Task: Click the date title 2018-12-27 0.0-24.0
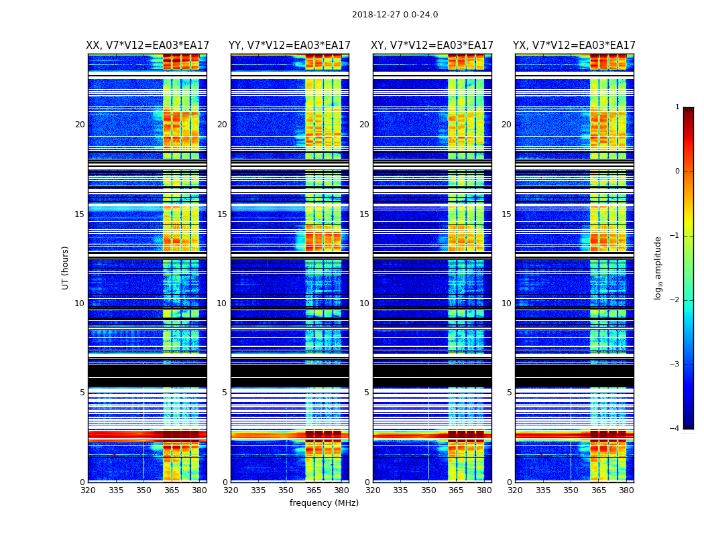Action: coord(395,15)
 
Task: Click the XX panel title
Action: coord(148,46)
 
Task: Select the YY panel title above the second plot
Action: coord(290,46)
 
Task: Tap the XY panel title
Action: coord(432,46)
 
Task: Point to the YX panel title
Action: coord(575,46)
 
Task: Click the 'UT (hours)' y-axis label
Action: coord(66,267)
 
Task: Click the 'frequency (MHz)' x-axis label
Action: coord(324,503)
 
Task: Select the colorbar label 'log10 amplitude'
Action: coord(658,267)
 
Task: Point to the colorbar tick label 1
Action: coord(677,107)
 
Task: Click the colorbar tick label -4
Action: coord(676,429)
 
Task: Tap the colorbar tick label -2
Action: coord(676,300)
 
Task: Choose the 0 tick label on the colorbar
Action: coord(677,172)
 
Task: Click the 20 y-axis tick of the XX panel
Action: coord(80,125)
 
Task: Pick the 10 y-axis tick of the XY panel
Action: coord(364,304)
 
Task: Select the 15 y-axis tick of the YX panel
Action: coord(506,214)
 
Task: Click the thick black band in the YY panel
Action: coord(290,376)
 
